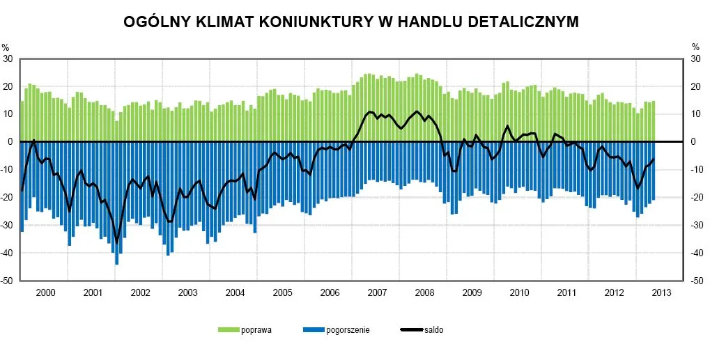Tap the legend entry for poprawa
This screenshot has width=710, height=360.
[256, 330]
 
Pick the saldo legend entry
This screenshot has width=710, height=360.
[433, 330]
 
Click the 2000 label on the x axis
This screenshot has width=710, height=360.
[45, 292]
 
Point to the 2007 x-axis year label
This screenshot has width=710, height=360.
[377, 292]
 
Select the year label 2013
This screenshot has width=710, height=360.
[661, 292]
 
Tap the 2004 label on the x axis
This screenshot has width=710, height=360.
[235, 292]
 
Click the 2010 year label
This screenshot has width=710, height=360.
[519, 292]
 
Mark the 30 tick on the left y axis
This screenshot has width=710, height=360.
[8, 58]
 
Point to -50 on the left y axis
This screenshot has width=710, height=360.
[8, 281]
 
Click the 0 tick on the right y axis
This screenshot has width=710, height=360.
[692, 142]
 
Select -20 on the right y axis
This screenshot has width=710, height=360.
[694, 198]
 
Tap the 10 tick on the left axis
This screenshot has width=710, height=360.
[8, 114]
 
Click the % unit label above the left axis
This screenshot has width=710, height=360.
[5, 47]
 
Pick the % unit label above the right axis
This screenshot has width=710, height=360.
[695, 47]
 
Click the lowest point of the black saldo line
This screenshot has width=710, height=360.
[116, 241]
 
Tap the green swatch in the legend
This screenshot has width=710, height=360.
[228, 330]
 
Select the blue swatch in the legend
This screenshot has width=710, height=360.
[314, 330]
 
